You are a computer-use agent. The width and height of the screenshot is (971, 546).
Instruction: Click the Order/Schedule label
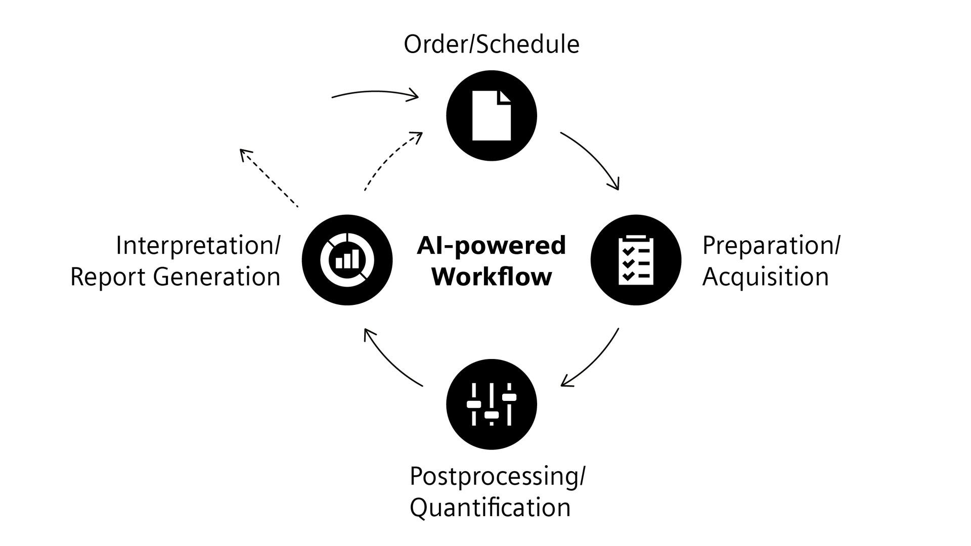[491, 44]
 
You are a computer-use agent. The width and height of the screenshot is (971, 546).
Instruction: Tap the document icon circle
[491, 116]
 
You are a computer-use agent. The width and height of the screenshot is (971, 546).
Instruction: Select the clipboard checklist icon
[636, 260]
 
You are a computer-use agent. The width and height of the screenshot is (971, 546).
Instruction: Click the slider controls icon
[491, 404]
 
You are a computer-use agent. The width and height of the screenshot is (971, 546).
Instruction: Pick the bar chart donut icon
[347, 260]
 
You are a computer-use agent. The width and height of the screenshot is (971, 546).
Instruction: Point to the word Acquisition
[765, 277]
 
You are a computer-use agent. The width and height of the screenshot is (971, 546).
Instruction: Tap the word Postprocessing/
[497, 476]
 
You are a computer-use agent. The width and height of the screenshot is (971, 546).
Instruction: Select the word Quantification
[490, 508]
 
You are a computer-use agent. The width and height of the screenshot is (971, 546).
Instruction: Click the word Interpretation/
[198, 246]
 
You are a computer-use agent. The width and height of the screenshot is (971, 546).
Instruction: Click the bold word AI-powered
[491, 246]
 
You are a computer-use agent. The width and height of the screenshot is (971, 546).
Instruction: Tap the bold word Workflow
[491, 277]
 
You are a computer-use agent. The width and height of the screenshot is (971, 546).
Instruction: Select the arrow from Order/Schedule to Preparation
[594, 157]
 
